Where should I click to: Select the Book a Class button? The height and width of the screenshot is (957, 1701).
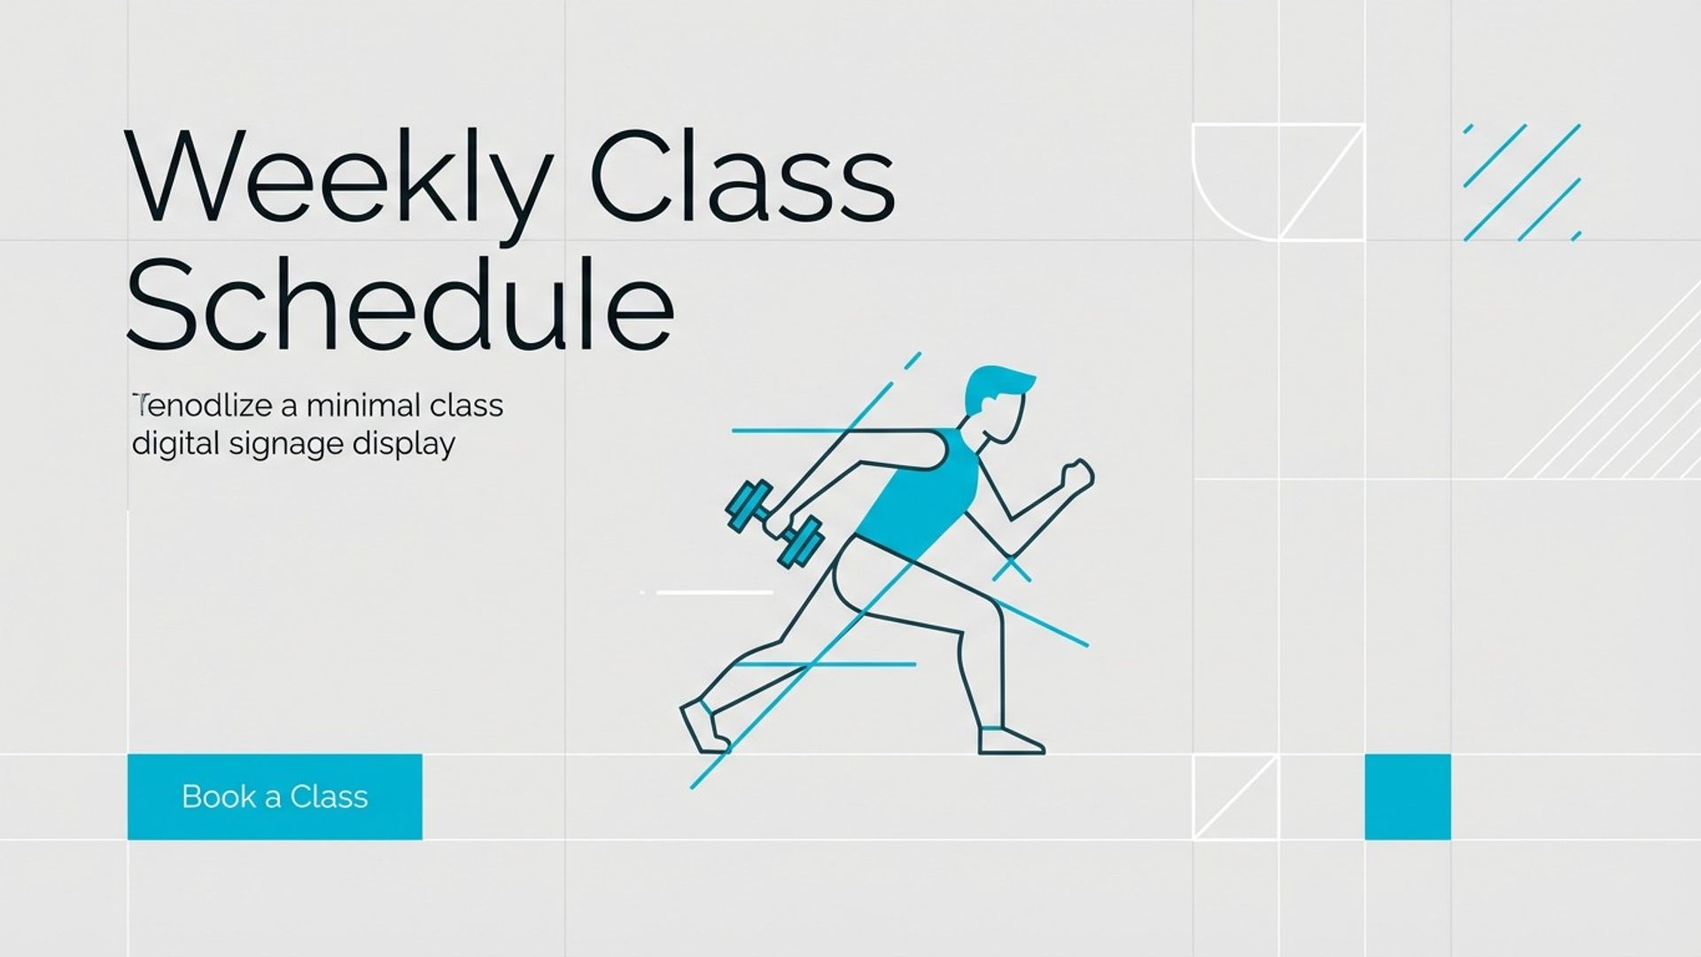tap(275, 797)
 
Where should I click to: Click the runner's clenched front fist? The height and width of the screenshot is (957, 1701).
tap(1077, 476)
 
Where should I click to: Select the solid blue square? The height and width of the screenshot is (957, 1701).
tap(1407, 797)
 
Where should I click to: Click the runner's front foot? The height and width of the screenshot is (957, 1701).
tap(1010, 742)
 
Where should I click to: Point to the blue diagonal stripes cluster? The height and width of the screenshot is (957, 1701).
tap(1522, 183)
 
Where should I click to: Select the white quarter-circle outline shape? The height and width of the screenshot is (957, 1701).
tap(1234, 182)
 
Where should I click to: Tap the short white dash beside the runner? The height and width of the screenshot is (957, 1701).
tap(713, 592)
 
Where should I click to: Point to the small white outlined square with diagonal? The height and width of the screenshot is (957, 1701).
tap(1235, 797)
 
